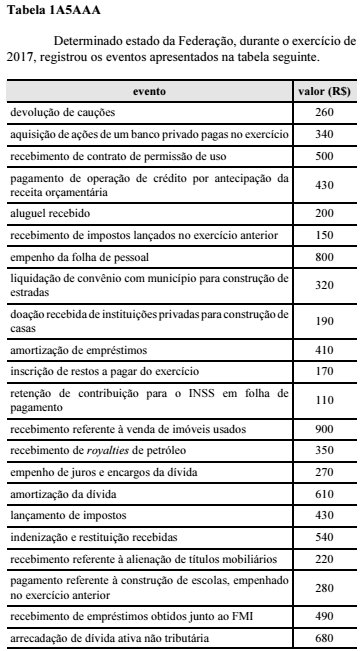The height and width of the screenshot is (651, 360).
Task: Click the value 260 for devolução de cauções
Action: [324, 111]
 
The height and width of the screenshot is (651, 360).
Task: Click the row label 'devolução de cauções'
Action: [62, 111]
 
